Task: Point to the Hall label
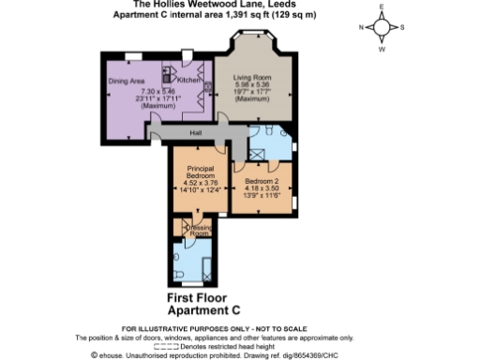click(x=196, y=133)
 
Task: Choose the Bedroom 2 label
click(x=262, y=179)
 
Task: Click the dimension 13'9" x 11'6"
click(x=262, y=196)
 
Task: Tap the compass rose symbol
click(x=382, y=27)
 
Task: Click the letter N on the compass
click(x=361, y=27)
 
